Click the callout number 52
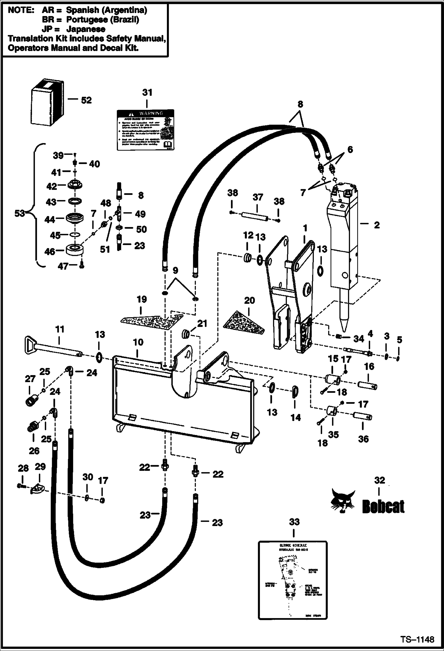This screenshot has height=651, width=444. pyautogui.click(x=86, y=100)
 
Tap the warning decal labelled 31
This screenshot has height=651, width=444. pyautogui.click(x=145, y=130)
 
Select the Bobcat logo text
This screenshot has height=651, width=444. pyautogui.click(x=383, y=506)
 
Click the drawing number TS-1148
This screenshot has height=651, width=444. pyautogui.click(x=418, y=639)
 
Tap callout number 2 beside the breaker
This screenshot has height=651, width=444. pyautogui.click(x=376, y=225)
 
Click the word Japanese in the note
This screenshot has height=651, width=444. pyautogui.click(x=86, y=29)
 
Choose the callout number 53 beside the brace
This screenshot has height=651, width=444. pyautogui.click(x=20, y=213)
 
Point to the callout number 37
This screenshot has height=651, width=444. pyautogui.click(x=258, y=197)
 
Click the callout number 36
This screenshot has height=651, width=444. pyautogui.click(x=363, y=439)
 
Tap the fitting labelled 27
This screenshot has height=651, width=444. pyautogui.click(x=30, y=401)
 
